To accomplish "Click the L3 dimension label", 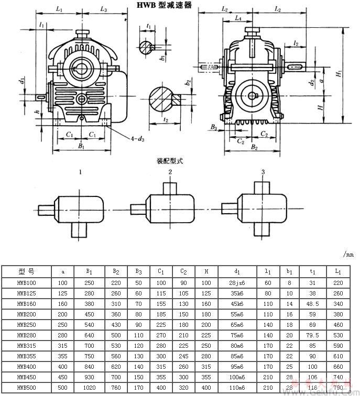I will pos(103,10).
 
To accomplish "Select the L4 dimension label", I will pos(238,18).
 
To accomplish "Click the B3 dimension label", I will pos(214,127).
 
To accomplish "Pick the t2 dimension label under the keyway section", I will pos(166,119).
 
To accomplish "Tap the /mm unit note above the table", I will pos(348,255).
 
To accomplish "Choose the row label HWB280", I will pos(26,334).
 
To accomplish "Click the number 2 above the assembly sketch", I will pos(170,172).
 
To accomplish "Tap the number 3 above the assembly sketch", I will pos(263,172).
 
